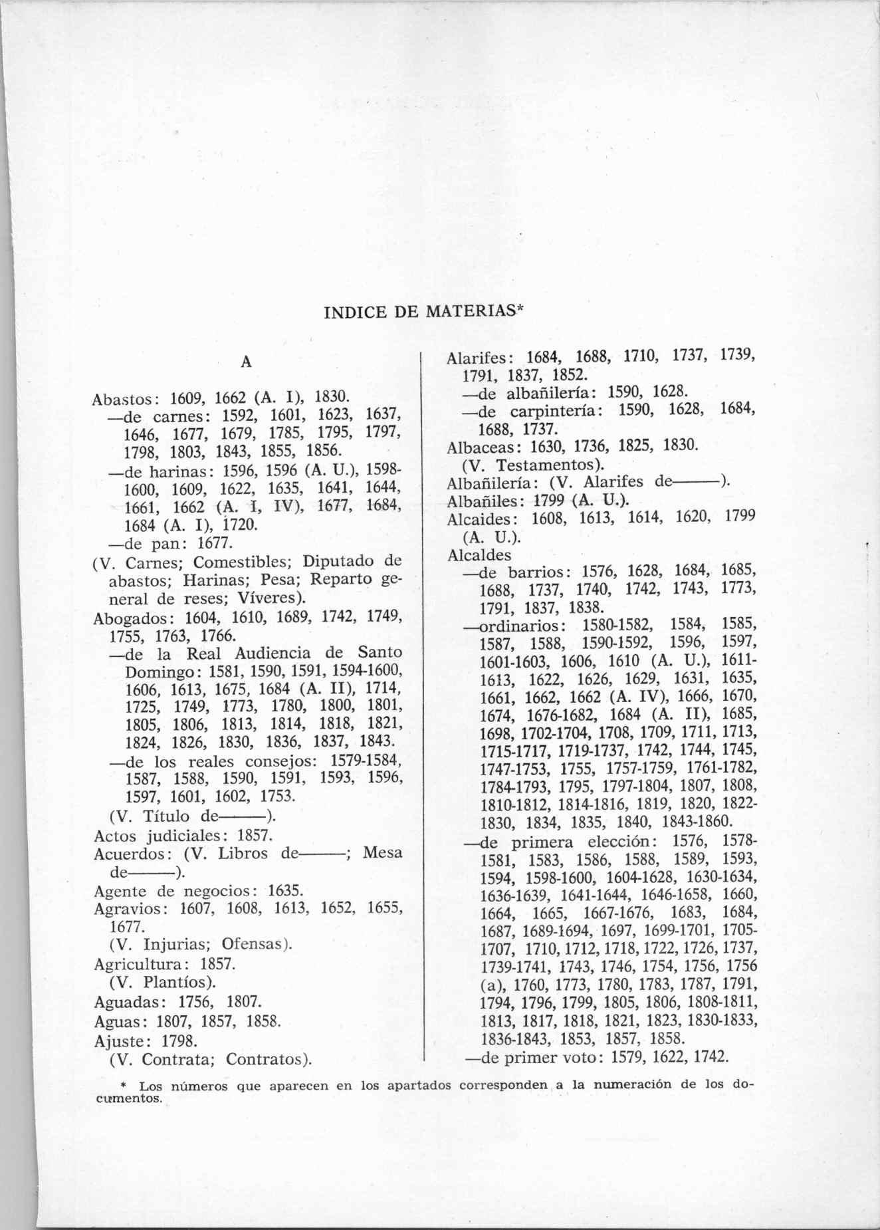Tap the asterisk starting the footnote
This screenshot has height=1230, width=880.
click(x=133, y=1084)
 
